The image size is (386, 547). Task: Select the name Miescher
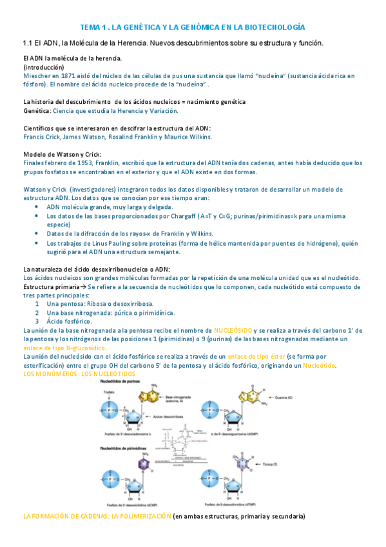pos(37,75)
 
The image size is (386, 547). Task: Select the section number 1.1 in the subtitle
pos(28,43)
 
